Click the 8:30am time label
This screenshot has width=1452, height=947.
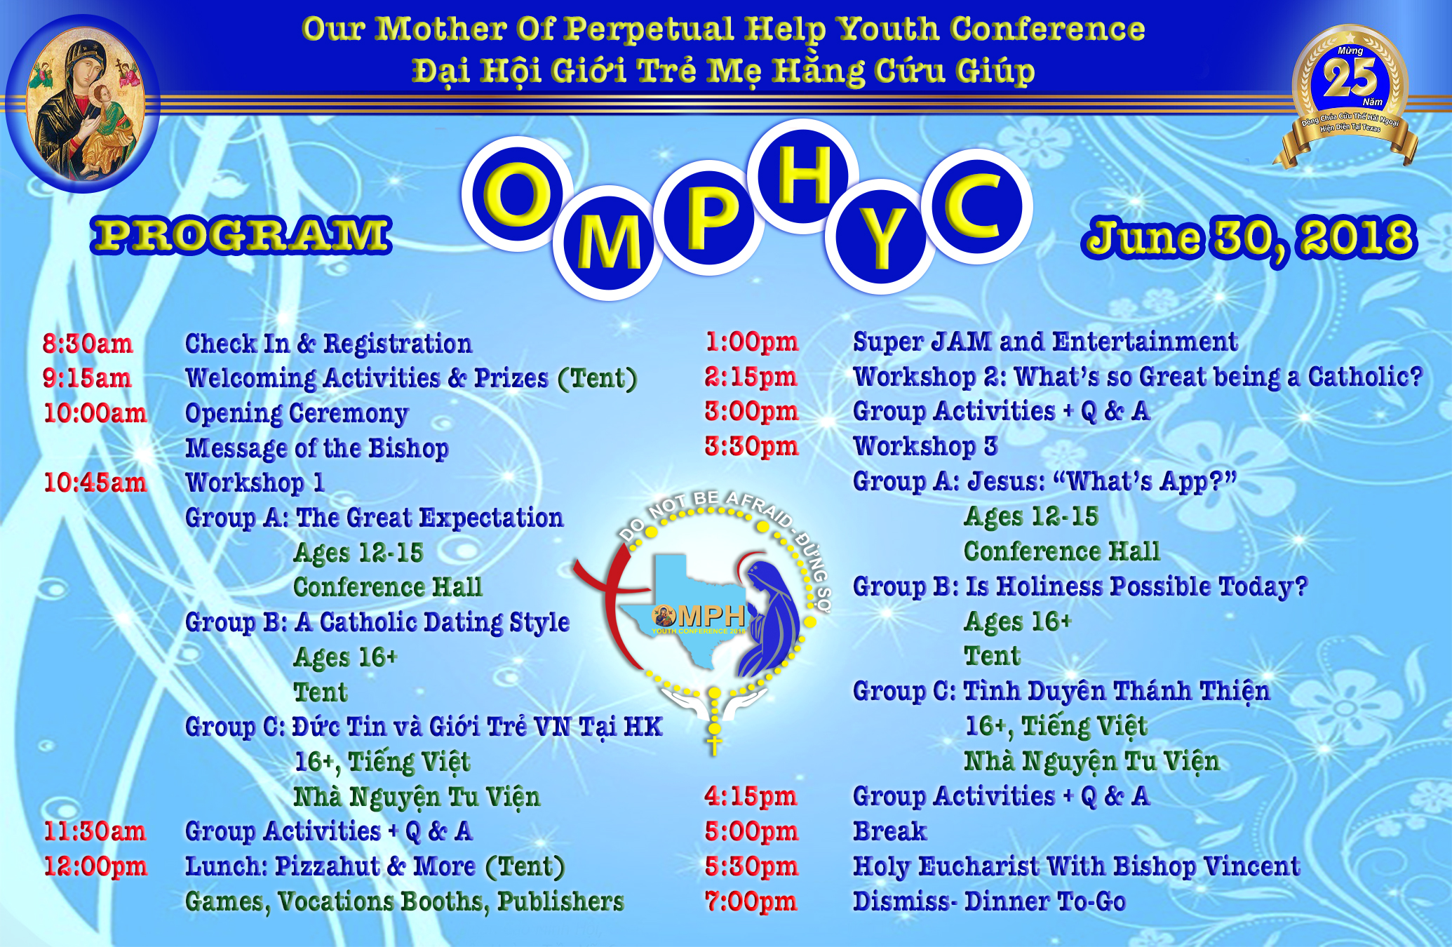[x=88, y=344]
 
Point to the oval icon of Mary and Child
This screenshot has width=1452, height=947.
[x=83, y=104]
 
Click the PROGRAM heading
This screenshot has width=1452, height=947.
[x=241, y=235]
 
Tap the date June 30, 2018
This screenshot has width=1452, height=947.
[x=1249, y=239]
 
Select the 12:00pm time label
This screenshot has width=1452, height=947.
[x=95, y=866]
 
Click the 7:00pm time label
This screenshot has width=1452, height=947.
[x=751, y=901]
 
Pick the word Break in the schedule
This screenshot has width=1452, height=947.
[x=889, y=831]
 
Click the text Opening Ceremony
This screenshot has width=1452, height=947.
[x=297, y=414]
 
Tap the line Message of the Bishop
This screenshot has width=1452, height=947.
[x=317, y=448]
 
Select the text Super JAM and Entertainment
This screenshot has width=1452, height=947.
[x=1045, y=342]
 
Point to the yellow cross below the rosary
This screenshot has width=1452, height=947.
[x=714, y=745]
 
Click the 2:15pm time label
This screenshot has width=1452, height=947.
[x=751, y=377]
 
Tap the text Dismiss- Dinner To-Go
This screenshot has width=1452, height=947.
[x=989, y=901]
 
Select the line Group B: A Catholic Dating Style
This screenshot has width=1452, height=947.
[x=377, y=623]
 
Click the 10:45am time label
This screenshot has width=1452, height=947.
[x=95, y=483]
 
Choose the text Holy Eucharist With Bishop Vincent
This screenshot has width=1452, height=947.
[x=1077, y=867]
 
